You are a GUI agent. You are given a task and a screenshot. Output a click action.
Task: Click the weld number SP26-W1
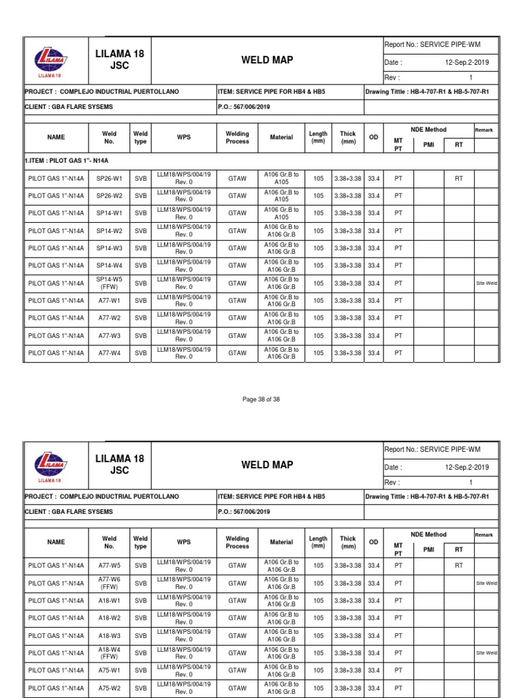[x=109, y=179]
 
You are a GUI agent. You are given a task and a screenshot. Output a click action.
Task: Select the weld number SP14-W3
[x=109, y=248]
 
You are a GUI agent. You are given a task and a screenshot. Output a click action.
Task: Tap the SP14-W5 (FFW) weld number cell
[x=109, y=283]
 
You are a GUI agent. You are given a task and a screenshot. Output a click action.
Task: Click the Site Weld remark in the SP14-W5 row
[x=486, y=283]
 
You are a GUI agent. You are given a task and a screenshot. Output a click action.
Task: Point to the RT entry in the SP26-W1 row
[x=459, y=179]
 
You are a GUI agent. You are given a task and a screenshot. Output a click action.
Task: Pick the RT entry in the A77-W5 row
[x=459, y=566]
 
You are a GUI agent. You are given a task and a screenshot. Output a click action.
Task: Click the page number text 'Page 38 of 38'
[x=261, y=399]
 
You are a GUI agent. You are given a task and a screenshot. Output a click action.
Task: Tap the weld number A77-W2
[x=109, y=318]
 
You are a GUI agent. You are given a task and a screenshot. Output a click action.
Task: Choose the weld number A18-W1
[x=109, y=601]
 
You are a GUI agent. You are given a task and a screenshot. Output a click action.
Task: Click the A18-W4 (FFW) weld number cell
[x=109, y=652]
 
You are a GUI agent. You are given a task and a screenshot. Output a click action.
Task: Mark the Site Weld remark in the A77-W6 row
[x=486, y=583]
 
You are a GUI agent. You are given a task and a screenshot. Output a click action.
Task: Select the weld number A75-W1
[x=109, y=670]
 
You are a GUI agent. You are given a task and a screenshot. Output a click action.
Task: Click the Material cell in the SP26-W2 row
[x=281, y=196]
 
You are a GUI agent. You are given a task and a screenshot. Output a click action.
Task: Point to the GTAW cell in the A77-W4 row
[x=237, y=353]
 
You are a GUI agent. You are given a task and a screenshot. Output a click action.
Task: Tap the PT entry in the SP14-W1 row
[x=399, y=213]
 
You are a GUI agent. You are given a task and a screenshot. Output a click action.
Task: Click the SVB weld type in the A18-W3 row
[x=140, y=635]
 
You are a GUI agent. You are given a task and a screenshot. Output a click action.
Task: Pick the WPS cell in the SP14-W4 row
[x=184, y=266]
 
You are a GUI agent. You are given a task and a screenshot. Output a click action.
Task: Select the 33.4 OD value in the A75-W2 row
[x=373, y=688]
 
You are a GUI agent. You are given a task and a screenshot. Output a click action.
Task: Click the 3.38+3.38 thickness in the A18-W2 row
[x=348, y=618]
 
